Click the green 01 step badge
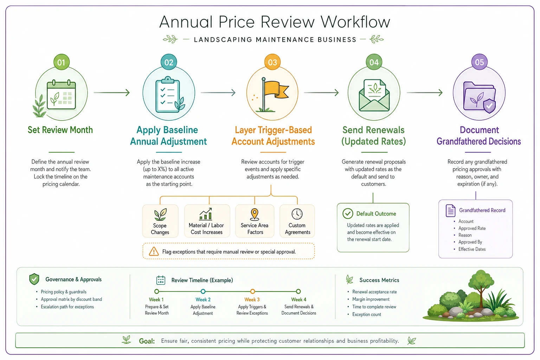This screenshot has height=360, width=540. [x=62, y=62]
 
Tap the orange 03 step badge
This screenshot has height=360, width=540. [x=272, y=62]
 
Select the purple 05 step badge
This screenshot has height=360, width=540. [x=479, y=62]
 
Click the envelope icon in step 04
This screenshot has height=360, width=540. [x=374, y=96]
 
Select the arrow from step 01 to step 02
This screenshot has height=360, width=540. [x=112, y=92]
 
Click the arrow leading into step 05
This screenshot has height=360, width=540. [x=425, y=92]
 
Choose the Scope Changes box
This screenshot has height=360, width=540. [x=160, y=221]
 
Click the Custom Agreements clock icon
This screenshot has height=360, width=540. [x=297, y=214]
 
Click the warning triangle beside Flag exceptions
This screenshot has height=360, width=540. [x=154, y=251]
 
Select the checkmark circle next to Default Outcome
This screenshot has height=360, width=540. [x=348, y=213]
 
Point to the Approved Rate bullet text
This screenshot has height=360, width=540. [x=472, y=228]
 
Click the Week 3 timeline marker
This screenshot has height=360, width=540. [x=252, y=291]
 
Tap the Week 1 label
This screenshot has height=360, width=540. [x=156, y=300]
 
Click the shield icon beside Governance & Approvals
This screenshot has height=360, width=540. [x=34, y=279]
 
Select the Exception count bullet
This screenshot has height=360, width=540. [x=366, y=314]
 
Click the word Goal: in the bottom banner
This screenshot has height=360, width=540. [x=147, y=341]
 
